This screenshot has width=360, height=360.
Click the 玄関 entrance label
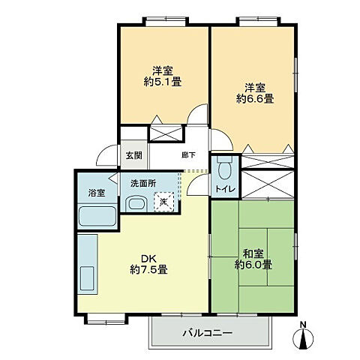pyautogui.click(x=133, y=155)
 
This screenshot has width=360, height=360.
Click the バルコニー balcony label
pyautogui.click(x=207, y=332)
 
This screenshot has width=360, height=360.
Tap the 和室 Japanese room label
pyautogui.click(x=252, y=253)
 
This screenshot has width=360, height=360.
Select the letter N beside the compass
pyautogui.click(x=303, y=325)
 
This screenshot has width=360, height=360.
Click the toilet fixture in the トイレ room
pyautogui.click(x=223, y=167)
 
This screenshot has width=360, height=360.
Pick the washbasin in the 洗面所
pyautogui.click(x=136, y=204)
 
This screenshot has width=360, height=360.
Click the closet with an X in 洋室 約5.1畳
pyautogui.click(x=165, y=133)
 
